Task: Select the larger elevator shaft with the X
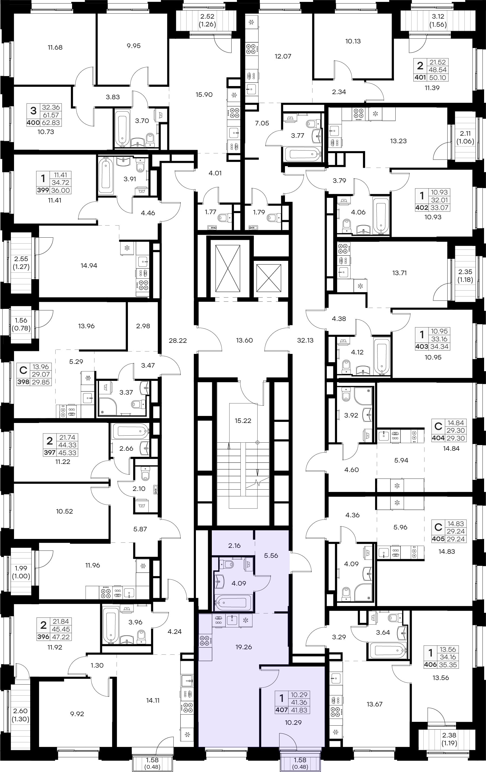coord(228,268)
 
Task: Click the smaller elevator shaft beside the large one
coord(269,278)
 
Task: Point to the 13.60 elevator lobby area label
coord(244,340)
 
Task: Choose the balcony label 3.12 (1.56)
coord(438,20)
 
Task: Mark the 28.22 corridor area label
coord(178,340)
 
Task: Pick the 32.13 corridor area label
coord(305,340)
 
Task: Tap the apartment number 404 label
coord(438,438)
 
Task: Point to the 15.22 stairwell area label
coord(243,421)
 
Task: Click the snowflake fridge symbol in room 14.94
coord(127,248)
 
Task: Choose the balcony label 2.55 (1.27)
coord(21,262)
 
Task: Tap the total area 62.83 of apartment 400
coord(51,122)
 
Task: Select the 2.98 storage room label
coord(143,326)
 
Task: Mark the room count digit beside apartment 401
coord(420,66)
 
